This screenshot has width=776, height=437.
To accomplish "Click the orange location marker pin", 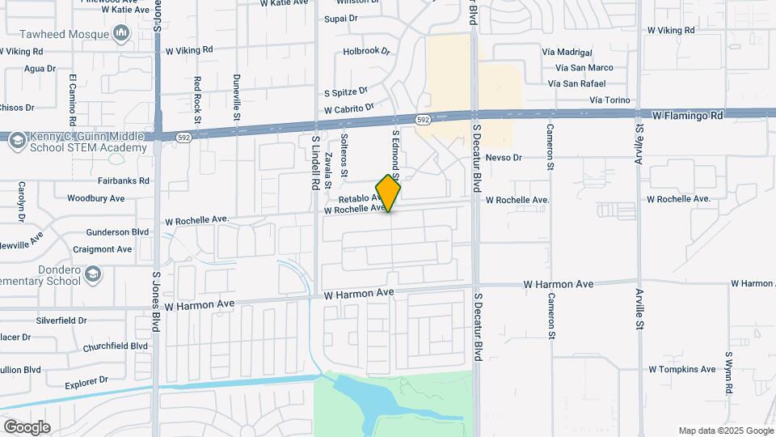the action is (x=389, y=194).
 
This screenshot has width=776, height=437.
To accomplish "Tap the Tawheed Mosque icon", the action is (x=122, y=33).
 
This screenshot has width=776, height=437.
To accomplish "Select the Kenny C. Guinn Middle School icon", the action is (x=17, y=142).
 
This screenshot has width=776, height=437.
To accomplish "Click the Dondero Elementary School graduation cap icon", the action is (x=94, y=274).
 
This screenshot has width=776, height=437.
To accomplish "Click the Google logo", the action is (x=27, y=426).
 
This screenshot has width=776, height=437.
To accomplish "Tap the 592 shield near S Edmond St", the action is (x=423, y=120).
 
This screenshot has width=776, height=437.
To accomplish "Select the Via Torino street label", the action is (x=609, y=100).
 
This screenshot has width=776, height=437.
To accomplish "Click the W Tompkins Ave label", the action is (x=681, y=369).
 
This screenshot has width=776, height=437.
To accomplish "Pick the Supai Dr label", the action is (x=340, y=18).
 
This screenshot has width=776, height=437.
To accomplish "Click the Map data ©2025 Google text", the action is (x=725, y=431).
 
